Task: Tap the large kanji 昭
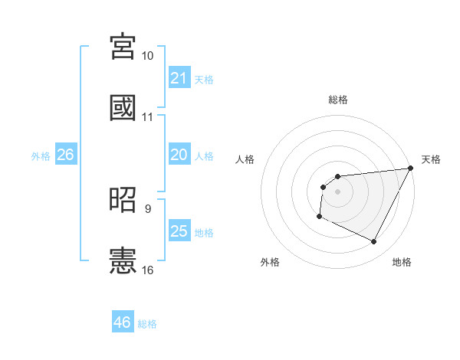[123, 199]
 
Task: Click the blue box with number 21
[179, 78]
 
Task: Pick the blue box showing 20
[179, 155]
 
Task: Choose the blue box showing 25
[179, 231]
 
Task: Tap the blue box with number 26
[65, 155]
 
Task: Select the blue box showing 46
[123, 322]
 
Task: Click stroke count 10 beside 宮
[148, 56]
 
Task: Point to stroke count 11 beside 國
[148, 117]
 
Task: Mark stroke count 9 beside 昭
[148, 208]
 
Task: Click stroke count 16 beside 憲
[148, 270]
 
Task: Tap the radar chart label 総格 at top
[337, 100]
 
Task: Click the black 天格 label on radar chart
[431, 159]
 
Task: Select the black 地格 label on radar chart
[402, 262]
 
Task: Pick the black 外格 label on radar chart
[270, 262]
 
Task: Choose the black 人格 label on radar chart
[245, 159]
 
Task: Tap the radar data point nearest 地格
[374, 242]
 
